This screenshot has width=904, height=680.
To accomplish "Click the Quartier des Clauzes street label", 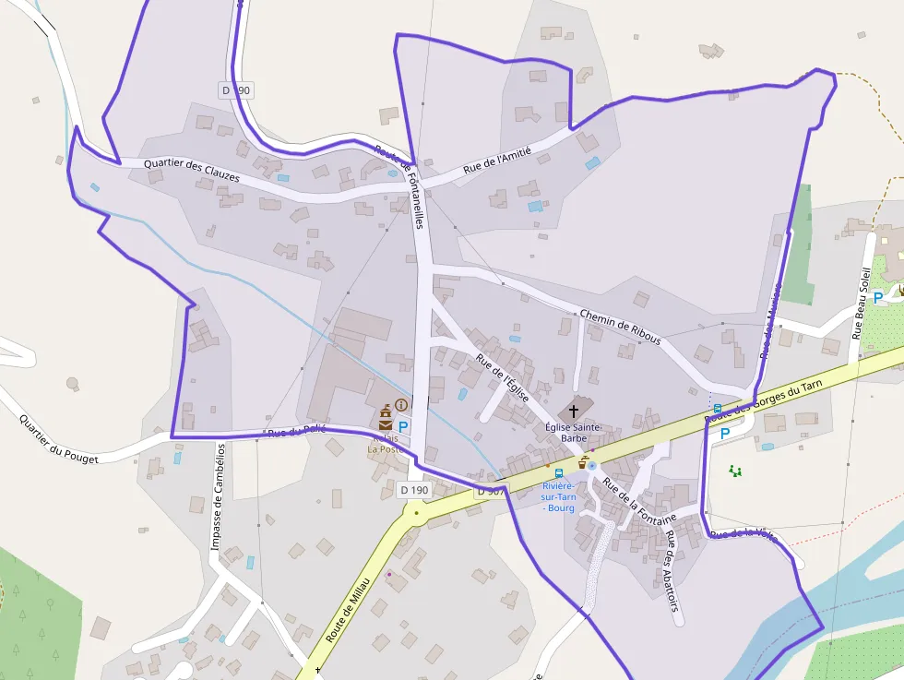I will click(193, 170).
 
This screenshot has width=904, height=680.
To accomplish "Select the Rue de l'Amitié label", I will click(497, 161).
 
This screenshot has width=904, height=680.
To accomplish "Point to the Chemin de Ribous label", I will click(620, 327).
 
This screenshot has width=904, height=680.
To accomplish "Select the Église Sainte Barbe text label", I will click(574, 432).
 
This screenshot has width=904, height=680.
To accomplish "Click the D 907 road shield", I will click(491, 492).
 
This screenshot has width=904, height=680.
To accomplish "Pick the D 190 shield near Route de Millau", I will click(415, 490).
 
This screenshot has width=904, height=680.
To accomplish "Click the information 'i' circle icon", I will click(401, 404).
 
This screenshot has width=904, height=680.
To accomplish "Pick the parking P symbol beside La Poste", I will click(403, 427).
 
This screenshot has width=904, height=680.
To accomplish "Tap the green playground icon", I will click(735, 471).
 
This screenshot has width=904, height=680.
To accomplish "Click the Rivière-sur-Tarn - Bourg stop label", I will click(558, 496).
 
